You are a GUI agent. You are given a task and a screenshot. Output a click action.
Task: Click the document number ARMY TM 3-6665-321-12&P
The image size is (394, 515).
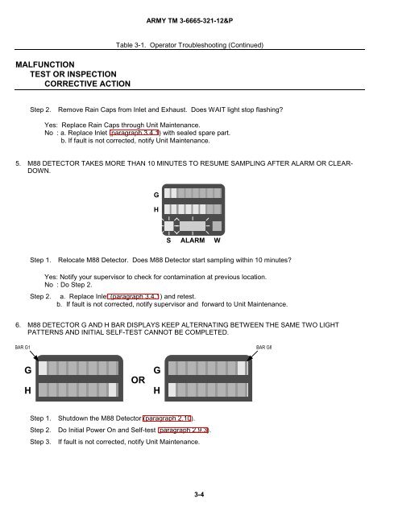(189, 21)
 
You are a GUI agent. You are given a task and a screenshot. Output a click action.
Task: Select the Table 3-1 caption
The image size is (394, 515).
(189, 45)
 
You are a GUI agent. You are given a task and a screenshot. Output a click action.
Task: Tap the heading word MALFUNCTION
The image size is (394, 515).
(45, 64)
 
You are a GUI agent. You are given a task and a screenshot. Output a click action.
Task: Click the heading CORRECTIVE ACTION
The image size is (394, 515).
(88, 84)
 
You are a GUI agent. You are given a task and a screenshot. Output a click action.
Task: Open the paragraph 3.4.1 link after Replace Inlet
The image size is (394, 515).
(135, 133)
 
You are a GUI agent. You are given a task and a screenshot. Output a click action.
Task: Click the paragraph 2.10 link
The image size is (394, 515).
(168, 418)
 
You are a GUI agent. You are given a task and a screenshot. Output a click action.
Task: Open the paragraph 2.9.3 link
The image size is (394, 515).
(183, 430)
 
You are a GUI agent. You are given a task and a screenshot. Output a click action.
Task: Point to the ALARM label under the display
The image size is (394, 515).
(193, 241)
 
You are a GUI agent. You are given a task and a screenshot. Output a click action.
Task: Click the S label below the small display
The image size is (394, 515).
(168, 241)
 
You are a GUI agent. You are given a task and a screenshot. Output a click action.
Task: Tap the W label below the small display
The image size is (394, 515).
(217, 241)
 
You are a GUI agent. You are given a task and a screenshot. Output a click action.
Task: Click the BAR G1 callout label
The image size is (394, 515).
(23, 347)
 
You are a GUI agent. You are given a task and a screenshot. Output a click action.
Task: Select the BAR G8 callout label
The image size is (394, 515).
(263, 347)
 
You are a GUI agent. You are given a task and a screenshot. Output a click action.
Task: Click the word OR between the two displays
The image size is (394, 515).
(138, 380)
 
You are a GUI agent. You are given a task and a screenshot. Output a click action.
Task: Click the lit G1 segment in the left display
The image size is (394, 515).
(43, 369)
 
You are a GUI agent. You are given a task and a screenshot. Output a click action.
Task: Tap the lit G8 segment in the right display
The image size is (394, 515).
(242, 369)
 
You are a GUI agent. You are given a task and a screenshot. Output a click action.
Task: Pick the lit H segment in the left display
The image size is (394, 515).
(113, 389)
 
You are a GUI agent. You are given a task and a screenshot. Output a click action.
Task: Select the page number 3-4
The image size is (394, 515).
(199, 494)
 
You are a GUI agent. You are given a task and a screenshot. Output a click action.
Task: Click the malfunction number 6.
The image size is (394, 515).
(18, 325)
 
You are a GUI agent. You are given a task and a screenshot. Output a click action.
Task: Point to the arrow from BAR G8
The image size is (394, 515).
(252, 356)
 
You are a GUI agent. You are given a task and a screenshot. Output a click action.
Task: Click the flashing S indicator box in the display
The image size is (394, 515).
(168, 226)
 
